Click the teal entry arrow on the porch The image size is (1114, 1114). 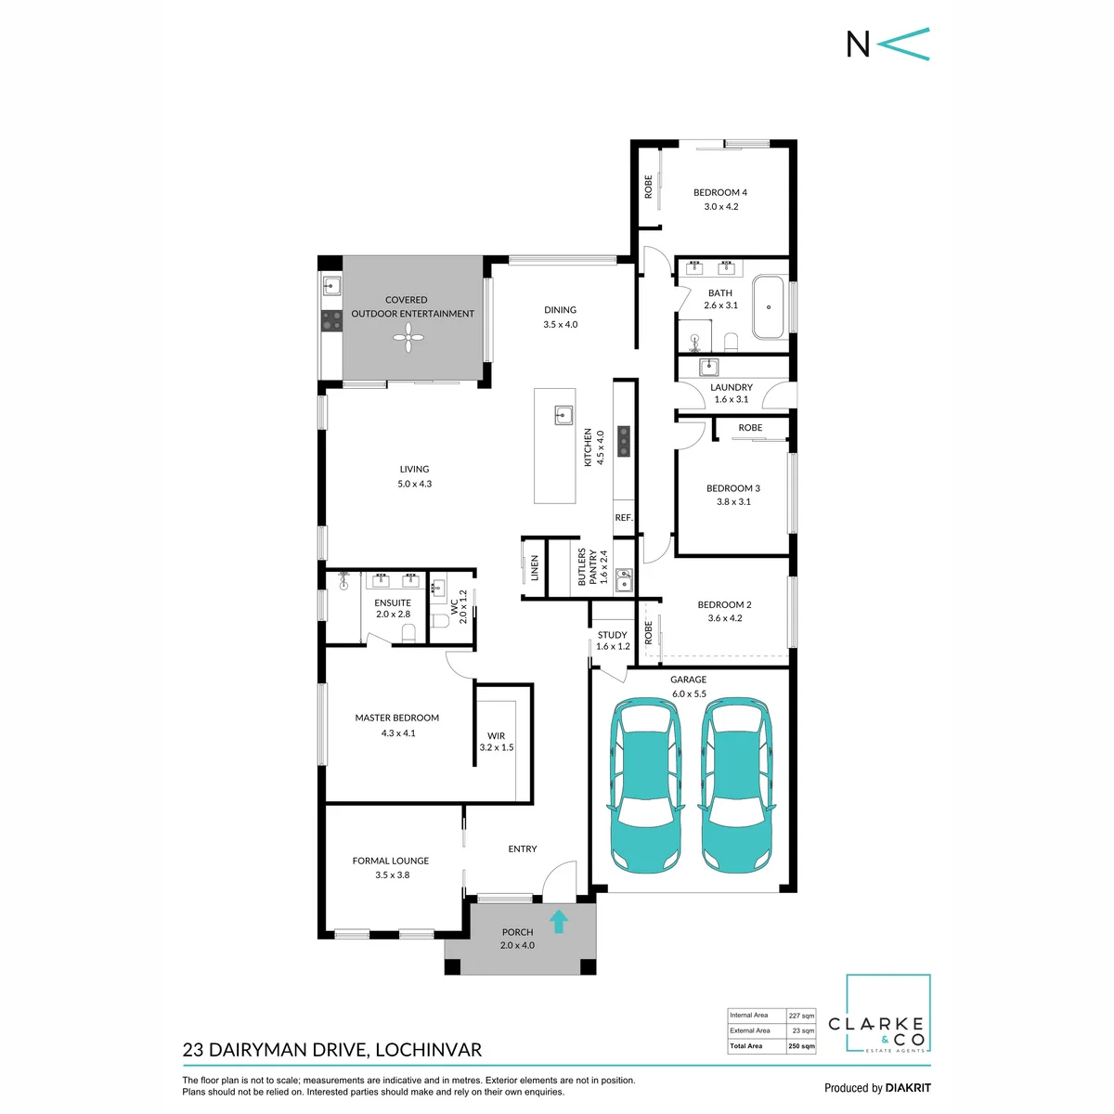(558, 921)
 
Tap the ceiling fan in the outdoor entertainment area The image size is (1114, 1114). (408, 337)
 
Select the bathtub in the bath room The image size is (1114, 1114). (768, 307)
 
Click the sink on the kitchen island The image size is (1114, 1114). (563, 415)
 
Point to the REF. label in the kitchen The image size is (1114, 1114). (624, 517)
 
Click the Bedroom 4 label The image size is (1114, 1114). (719, 192)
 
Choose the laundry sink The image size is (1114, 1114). (708, 367)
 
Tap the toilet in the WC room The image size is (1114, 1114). (440, 621)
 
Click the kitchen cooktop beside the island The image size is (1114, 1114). (623, 442)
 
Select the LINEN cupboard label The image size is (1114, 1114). (534, 568)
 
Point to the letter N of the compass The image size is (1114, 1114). (858, 44)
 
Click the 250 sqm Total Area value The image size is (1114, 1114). (801, 1046)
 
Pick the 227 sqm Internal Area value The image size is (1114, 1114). (801, 1016)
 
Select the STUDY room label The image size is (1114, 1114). (612, 635)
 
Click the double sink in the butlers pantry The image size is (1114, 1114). (623, 578)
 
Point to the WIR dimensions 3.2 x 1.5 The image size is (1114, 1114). (496, 747)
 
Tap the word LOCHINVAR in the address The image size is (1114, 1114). (428, 1049)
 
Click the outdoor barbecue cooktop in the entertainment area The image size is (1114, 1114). (331, 321)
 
